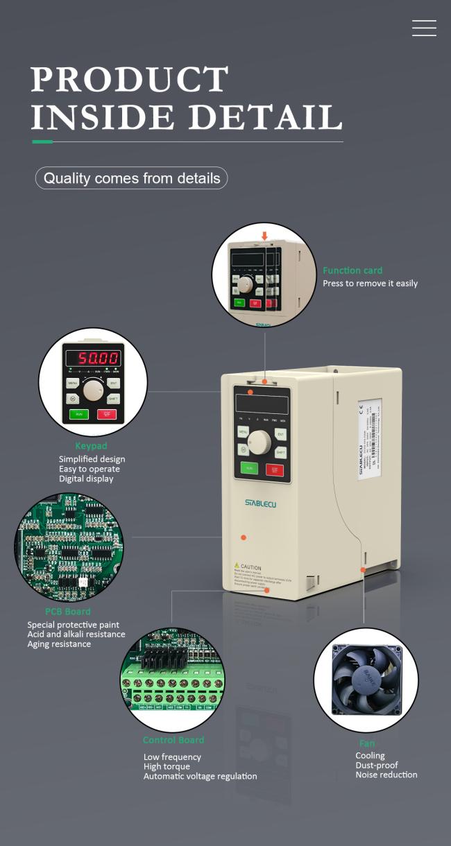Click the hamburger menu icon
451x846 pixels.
(424, 28)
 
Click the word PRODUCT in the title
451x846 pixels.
(130, 80)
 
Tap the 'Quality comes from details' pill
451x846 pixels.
(132, 178)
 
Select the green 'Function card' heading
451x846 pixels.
(352, 270)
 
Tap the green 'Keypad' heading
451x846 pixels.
(91, 446)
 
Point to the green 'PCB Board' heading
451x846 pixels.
(68, 612)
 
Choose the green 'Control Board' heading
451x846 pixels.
(173, 740)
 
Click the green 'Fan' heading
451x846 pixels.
(367, 743)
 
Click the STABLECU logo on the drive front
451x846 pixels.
(260, 503)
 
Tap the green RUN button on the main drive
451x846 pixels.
(249, 469)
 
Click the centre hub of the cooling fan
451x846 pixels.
(367, 680)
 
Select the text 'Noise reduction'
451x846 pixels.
(386, 775)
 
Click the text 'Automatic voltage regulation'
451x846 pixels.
(200, 776)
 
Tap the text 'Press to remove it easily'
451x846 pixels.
(371, 284)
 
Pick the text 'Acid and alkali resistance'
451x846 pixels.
(76, 634)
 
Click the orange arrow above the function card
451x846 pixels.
(264, 236)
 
